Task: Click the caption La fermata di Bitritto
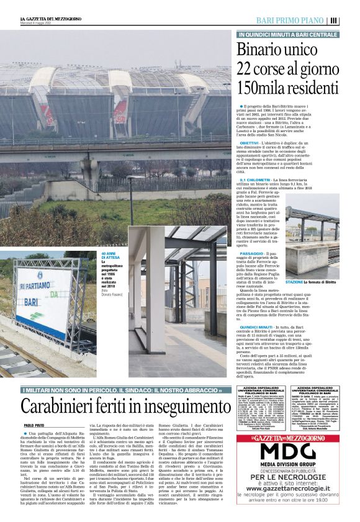pyautogui.click(x=322, y=282)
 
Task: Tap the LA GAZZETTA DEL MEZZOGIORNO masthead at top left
pyautogui.click(x=42, y=19)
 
